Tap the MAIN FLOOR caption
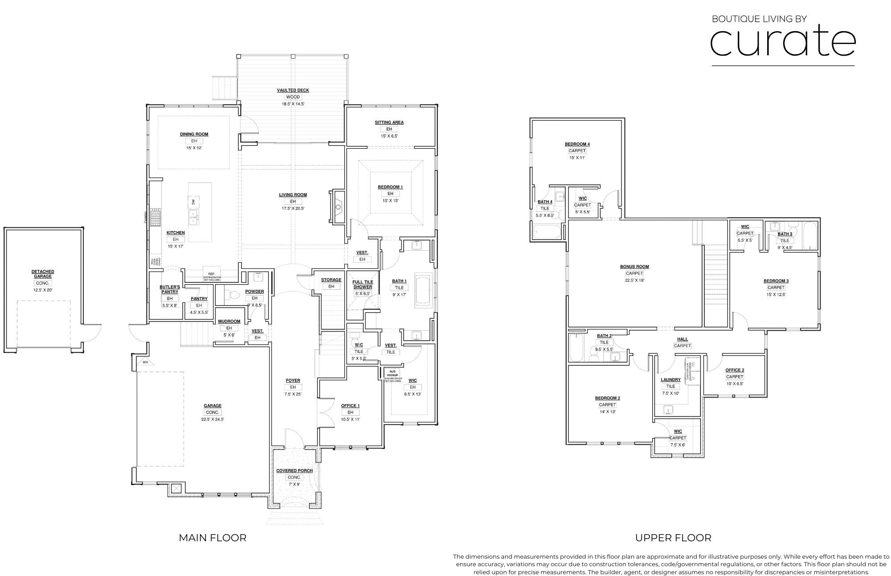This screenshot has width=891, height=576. click(x=213, y=538)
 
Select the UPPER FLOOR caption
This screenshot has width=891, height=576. click(x=673, y=538)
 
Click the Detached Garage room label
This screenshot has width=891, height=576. click(x=43, y=274)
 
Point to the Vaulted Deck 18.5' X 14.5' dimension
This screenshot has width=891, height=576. click(x=293, y=104)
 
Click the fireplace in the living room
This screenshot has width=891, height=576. click(x=338, y=207)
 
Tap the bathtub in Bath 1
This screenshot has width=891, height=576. click(x=423, y=290)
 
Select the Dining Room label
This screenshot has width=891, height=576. click(x=194, y=134)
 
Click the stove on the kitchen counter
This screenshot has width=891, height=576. click(x=155, y=218)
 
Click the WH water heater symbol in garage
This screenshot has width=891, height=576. click(x=145, y=362)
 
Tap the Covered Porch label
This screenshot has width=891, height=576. click(x=294, y=471)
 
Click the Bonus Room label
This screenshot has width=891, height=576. click(x=634, y=267)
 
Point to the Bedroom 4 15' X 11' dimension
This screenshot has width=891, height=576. click(x=577, y=158)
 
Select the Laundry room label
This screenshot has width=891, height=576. click(x=670, y=380)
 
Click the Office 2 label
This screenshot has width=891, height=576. click(x=734, y=370)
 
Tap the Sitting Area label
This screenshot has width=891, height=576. click(x=389, y=122)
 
